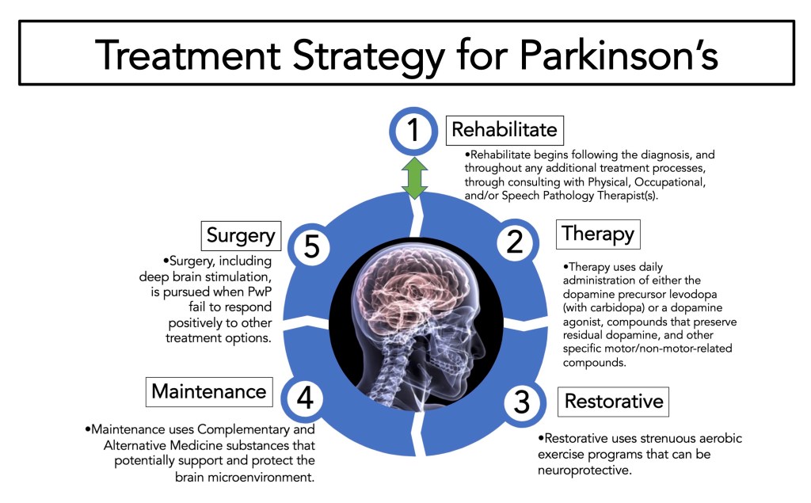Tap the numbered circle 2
[516, 242]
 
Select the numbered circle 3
[521, 402]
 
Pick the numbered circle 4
[305, 397]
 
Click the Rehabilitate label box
[504, 129]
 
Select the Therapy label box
[597, 234]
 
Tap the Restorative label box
[614, 401]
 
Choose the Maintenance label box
[209, 391]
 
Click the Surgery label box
[241, 234]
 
